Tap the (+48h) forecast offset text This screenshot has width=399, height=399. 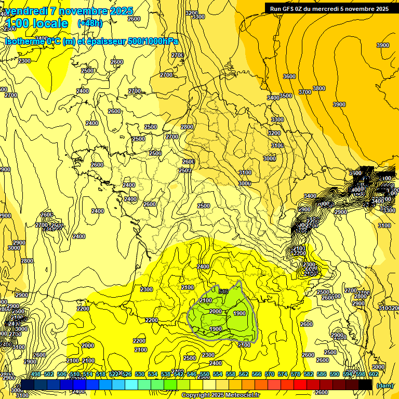point(90,23)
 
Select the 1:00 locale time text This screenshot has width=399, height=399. point(36,23)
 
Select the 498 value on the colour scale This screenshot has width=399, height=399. point(36,375)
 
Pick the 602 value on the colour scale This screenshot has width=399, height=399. point(374,375)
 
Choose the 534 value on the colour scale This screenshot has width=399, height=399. point(153,375)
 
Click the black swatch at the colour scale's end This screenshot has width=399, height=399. point(366,385)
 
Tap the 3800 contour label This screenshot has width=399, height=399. point(319,89)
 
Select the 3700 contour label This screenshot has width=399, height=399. point(305,92)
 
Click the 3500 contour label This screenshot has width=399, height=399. point(286,96)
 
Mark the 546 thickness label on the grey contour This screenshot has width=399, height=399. point(224,291)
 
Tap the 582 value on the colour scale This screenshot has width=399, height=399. point(309,375)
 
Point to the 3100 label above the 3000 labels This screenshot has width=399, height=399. point(245,172)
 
